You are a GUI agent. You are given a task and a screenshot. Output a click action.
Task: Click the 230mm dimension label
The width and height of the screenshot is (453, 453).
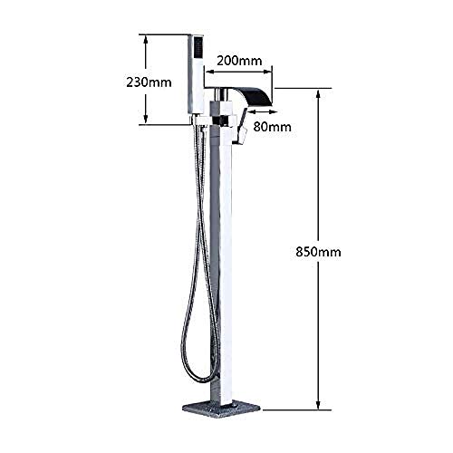(x=149, y=82)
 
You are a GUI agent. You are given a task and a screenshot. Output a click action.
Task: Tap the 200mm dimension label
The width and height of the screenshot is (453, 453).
(x=239, y=61)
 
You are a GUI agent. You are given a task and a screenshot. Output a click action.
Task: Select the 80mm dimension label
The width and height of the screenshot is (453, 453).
(x=273, y=127)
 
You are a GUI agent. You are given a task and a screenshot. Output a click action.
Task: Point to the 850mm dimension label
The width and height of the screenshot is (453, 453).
(x=318, y=251)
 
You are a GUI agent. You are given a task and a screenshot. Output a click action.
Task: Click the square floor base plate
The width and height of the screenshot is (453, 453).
(x=221, y=408)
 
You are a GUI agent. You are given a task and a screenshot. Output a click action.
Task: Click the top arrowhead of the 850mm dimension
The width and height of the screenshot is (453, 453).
(x=318, y=94)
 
